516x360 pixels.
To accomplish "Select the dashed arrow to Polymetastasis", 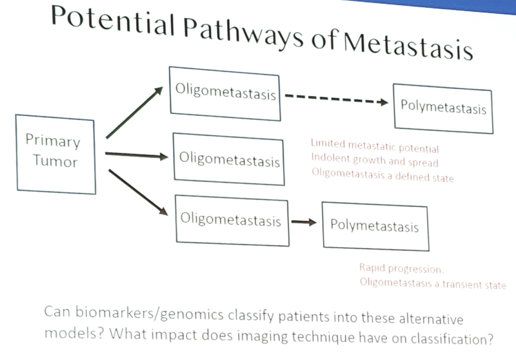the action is point(336,99).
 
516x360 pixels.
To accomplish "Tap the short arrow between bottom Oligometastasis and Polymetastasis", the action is point(304,223).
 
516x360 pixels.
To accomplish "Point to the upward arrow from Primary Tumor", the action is point(134,112).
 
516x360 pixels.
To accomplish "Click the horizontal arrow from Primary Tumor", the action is point(136,155).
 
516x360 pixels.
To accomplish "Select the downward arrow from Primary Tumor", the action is point(138,192).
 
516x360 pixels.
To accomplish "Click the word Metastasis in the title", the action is point(408,46).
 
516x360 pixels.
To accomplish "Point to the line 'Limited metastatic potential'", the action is point(375,146).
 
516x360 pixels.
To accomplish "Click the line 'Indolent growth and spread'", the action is point(375,160).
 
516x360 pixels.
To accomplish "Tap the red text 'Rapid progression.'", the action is point(401,268).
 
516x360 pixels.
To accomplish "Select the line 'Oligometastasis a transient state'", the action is point(433,284).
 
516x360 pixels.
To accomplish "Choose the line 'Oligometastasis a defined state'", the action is point(382,175).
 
